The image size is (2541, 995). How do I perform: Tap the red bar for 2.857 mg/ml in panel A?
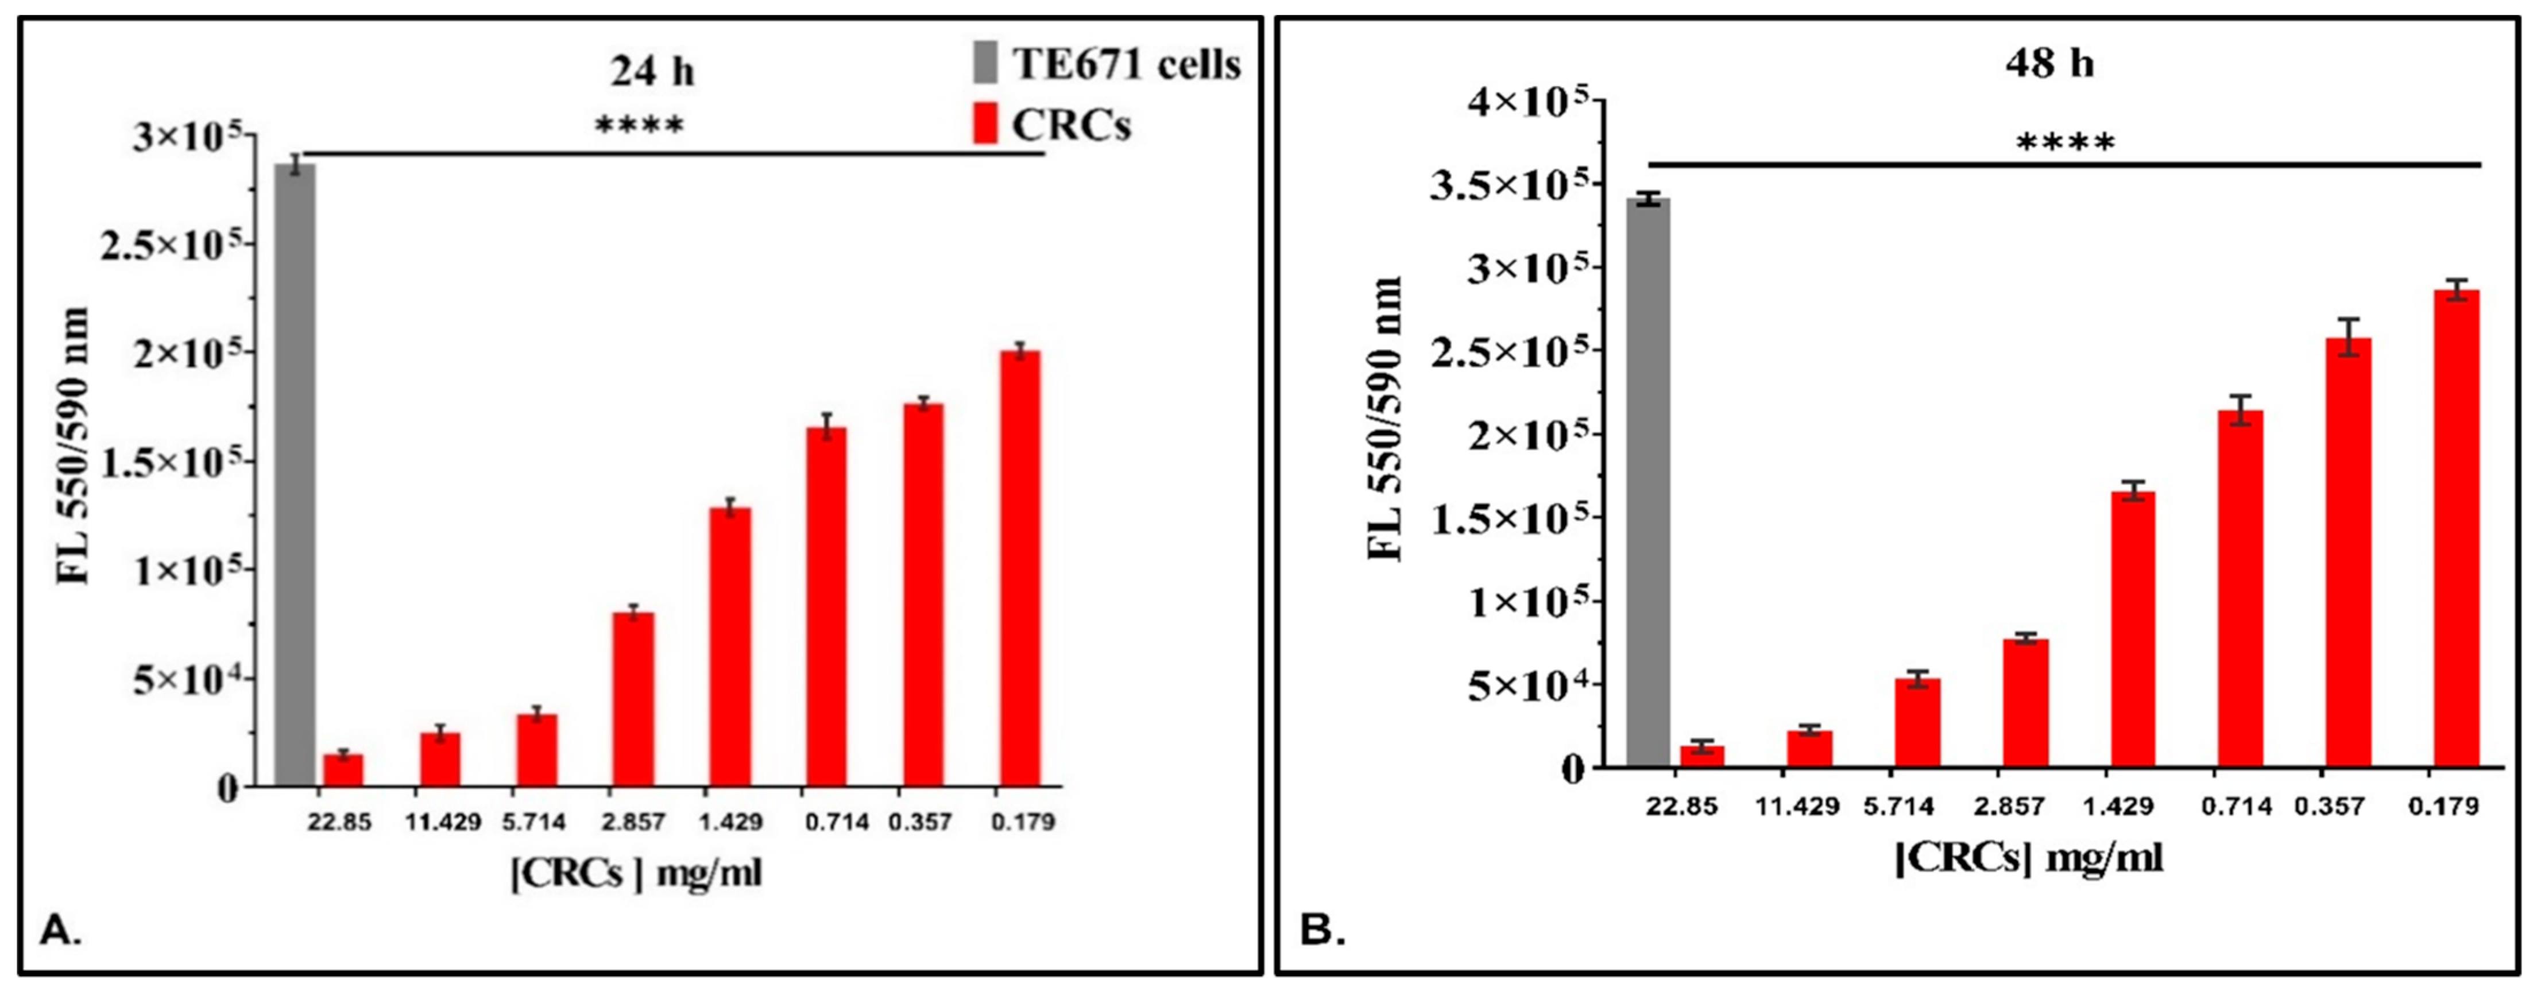[632, 699]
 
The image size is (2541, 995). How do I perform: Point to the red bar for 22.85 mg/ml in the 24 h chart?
[343, 769]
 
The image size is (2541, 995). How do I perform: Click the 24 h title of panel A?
[651, 71]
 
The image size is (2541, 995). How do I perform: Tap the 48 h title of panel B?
[2049, 63]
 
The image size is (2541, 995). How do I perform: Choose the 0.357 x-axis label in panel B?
[2328, 806]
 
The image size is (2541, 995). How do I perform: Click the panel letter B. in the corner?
[1322, 930]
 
